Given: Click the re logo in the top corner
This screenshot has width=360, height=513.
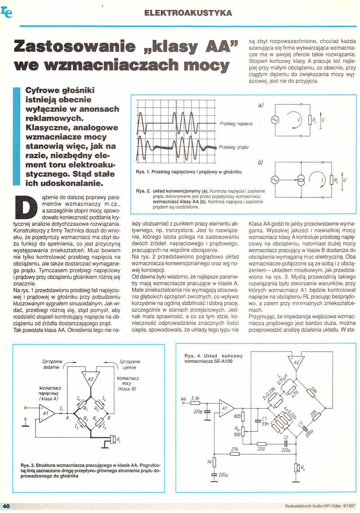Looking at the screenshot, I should (x=7, y=12).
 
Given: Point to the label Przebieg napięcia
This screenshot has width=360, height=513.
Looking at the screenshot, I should (x=236, y=123).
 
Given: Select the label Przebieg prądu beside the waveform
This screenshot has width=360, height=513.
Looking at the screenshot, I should (x=233, y=147).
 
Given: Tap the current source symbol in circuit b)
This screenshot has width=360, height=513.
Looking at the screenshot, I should (x=300, y=180).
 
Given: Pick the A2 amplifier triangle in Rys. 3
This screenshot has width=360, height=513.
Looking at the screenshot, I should (x=91, y=379).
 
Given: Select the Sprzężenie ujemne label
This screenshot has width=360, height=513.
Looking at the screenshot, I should (x=132, y=364).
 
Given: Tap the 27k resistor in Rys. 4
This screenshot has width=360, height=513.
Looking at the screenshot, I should (x=234, y=450).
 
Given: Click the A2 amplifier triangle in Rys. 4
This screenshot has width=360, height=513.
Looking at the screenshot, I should (x=297, y=362).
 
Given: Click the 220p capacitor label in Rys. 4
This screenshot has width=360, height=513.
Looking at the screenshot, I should (x=197, y=411).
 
